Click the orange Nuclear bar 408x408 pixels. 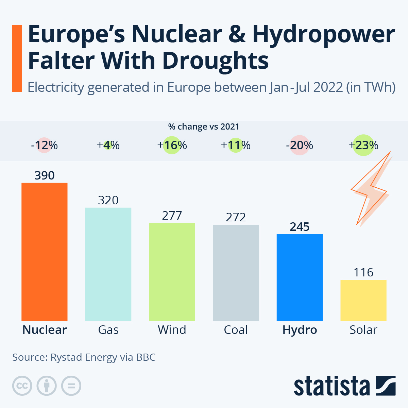point(44,252)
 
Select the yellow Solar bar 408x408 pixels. point(363,300)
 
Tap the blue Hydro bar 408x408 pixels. point(300,277)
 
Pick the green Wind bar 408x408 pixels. point(172,272)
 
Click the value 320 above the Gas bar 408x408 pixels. point(108,200)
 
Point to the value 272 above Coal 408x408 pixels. point(236,217)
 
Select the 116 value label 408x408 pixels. point(363,272)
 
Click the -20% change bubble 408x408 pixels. point(300,146)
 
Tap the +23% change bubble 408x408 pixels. point(363,146)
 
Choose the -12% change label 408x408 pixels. point(44,146)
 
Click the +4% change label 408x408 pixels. point(108,146)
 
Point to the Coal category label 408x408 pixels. point(236,330)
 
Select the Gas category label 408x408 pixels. point(108,330)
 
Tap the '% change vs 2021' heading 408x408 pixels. point(204,127)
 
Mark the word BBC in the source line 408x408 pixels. point(146,357)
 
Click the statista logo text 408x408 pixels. point(331,387)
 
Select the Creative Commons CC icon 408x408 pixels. point(22,386)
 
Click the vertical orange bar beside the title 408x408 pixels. point(17,58)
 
